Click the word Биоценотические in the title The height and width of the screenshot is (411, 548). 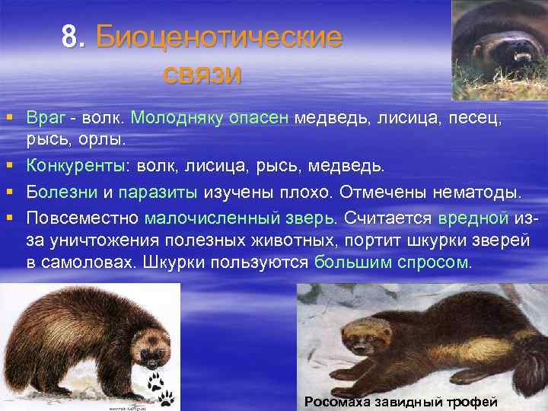tap(219, 37)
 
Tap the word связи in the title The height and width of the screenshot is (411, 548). tap(202, 74)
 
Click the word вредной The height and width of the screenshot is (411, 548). tap(473, 217)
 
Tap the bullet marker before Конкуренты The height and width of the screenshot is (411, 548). tap(9, 165)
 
